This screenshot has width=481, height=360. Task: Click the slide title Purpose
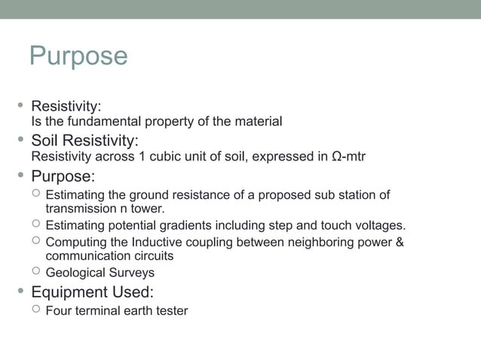click(x=78, y=56)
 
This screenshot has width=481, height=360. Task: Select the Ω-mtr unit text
click(x=348, y=157)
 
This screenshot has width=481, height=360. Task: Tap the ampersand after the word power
click(x=400, y=243)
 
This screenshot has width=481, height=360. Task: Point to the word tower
click(x=149, y=208)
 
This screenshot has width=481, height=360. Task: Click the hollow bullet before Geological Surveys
click(x=35, y=273)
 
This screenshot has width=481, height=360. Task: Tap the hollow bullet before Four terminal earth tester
click(x=35, y=310)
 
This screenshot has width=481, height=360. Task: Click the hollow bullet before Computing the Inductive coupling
click(x=35, y=242)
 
